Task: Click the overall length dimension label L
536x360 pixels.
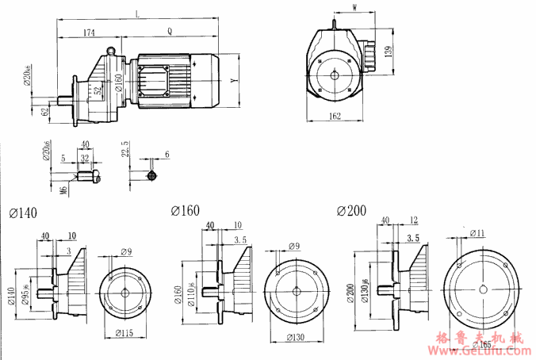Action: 140,13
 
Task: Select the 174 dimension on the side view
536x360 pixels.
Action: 88,33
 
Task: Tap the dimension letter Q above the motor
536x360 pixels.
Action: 170,32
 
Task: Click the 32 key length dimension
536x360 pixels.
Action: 84,158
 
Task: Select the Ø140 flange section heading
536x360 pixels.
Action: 23,213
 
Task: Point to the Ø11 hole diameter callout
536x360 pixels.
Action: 477,233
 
